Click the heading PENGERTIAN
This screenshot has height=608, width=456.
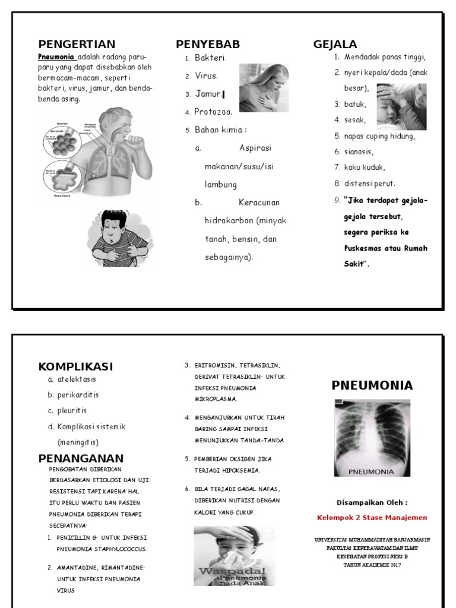click(x=77, y=45)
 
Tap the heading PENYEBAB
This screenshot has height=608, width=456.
click(x=208, y=45)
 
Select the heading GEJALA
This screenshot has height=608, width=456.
click(x=335, y=45)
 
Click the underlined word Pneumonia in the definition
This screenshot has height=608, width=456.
click(x=56, y=57)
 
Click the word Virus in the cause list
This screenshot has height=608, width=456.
click(x=206, y=76)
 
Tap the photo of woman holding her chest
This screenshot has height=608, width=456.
click(x=264, y=88)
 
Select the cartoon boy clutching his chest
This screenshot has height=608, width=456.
click(x=118, y=237)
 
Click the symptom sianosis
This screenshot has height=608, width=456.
click(x=359, y=151)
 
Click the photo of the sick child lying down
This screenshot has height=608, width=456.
click(x=401, y=106)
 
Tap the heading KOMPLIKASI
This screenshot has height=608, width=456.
click(x=75, y=366)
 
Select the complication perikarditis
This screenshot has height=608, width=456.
click(x=78, y=395)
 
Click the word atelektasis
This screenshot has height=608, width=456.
click(x=77, y=379)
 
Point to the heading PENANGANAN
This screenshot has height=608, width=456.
click(x=81, y=458)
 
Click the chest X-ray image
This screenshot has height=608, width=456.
click(x=372, y=437)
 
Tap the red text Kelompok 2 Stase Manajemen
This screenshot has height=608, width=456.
click(x=372, y=517)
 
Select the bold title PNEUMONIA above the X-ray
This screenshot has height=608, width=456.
click(x=372, y=385)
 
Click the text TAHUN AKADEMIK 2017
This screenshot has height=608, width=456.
click(x=372, y=565)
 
